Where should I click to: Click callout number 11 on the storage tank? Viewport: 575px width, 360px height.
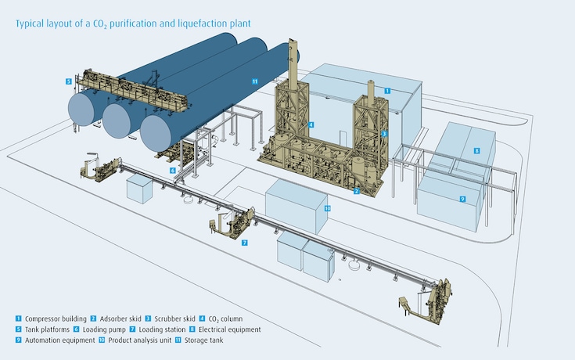255,81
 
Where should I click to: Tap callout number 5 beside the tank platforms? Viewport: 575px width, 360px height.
68,81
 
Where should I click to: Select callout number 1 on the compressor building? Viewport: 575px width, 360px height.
387,91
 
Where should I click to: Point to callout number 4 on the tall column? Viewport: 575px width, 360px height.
311,124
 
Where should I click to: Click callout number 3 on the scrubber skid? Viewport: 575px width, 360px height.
384,134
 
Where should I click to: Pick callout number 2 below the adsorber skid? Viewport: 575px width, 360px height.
356,190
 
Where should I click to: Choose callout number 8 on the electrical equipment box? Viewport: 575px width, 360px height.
476,150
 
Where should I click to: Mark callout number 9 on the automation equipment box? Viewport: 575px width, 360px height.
462,200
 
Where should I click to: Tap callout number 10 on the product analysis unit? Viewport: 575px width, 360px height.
328,209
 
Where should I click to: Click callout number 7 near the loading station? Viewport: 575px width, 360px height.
245,243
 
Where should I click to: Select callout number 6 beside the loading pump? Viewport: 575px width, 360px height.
174,170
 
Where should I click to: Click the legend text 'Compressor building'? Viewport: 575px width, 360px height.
55,319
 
